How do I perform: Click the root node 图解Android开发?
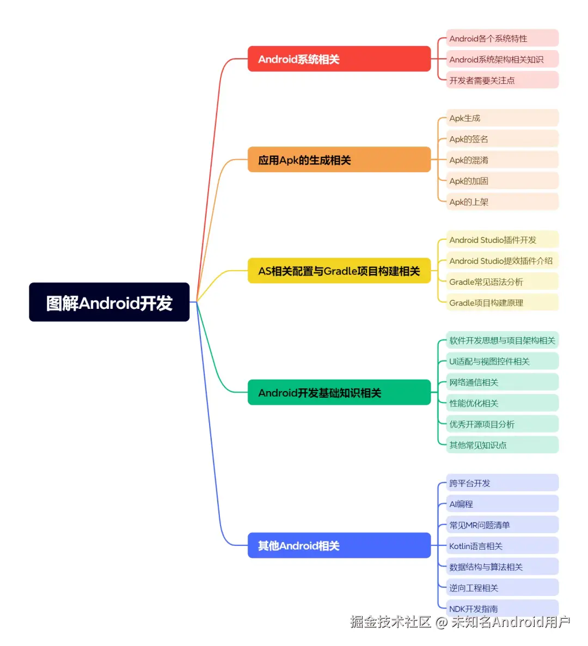point(109,302)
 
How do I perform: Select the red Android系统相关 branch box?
point(339,59)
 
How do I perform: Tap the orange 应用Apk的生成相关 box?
point(339,160)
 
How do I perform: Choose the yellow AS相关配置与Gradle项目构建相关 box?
point(339,271)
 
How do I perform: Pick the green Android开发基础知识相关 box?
point(339,392)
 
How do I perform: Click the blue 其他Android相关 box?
point(339,545)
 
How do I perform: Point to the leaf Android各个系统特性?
point(502,38)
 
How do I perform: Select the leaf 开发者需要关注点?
point(502,80)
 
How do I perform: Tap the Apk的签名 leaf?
point(502,139)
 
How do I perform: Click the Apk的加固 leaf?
point(502,181)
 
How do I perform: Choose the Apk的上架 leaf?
point(502,202)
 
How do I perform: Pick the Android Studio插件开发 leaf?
point(502,240)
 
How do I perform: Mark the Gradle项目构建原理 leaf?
point(502,302)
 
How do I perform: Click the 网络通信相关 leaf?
point(502,382)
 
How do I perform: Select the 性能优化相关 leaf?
point(502,403)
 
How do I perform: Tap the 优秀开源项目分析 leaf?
point(502,424)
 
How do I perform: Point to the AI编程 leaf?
point(502,504)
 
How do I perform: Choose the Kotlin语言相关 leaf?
point(502,546)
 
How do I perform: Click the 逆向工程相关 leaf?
point(502,588)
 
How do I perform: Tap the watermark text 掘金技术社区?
point(390,621)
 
